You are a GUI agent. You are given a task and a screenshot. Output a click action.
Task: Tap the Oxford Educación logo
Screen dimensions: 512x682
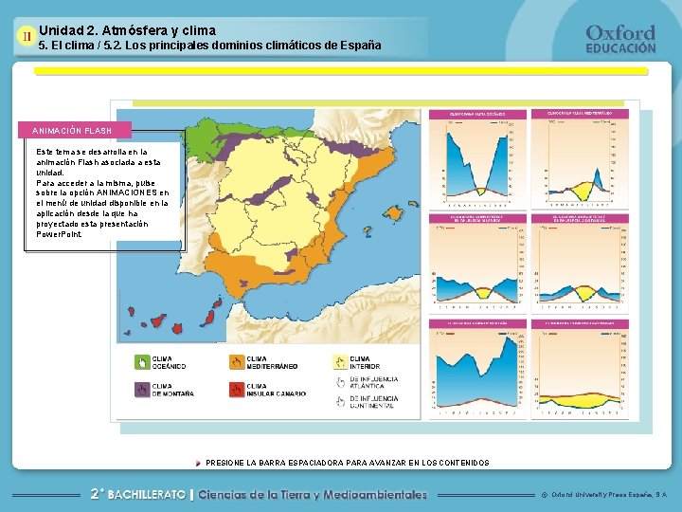click(x=620, y=38)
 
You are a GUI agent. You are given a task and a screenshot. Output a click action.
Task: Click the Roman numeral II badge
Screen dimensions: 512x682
click(x=26, y=36)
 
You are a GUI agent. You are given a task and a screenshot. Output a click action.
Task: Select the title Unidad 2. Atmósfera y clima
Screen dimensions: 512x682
click(x=127, y=30)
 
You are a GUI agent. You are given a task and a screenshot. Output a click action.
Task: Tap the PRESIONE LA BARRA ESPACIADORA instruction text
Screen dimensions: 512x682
click(x=347, y=463)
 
